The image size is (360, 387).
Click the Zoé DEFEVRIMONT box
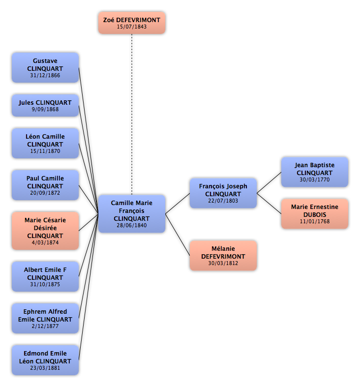click(132, 23)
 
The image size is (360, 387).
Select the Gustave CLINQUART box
click(45, 67)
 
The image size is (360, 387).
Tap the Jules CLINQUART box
click(45, 105)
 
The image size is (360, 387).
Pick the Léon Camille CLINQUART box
click(45, 143)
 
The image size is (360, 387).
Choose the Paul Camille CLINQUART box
click(45, 185)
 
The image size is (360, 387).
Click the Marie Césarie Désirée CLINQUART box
click(45, 231)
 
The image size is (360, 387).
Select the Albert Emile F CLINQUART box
click(45, 276)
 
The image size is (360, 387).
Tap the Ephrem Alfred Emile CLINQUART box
click(45, 318)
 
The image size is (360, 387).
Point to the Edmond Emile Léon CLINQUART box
click(45, 360)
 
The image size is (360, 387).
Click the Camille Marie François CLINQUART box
click(132, 214)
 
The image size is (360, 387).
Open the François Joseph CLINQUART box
click(223, 193)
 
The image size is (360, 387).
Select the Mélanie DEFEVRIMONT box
click(223, 255)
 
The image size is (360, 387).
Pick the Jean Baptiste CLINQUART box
click(315, 172)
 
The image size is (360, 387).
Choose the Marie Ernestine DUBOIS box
click(315, 214)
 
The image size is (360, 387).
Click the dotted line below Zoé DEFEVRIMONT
click(132, 114)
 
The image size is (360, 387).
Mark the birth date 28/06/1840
click(132, 225)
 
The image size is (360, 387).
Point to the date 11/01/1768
click(315, 221)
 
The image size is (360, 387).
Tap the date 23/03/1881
click(45, 368)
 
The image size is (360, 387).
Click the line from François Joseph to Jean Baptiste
click(269, 182)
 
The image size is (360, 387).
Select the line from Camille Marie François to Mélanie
click(178, 235)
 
